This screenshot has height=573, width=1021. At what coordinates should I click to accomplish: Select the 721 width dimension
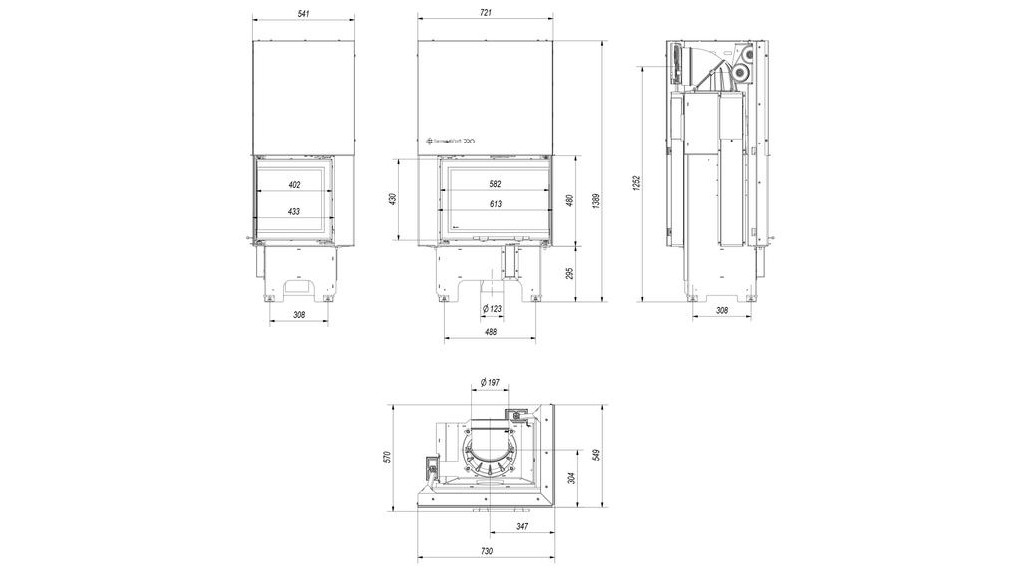[486, 12]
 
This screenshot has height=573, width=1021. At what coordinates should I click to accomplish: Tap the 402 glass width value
[294, 185]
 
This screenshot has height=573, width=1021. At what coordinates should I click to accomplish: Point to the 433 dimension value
[294, 212]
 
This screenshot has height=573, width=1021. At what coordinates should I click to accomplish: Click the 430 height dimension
[393, 199]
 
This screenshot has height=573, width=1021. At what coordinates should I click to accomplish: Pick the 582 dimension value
[495, 185]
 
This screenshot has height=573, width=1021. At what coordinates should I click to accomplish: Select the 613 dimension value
[495, 204]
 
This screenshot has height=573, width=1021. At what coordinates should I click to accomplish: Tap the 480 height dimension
[570, 199]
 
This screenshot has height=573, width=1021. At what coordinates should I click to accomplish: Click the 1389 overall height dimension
[596, 199]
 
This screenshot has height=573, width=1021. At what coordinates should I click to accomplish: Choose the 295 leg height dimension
[570, 274]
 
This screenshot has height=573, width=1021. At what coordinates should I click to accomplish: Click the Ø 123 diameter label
[492, 309]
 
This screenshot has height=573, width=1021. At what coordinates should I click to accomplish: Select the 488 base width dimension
[492, 332]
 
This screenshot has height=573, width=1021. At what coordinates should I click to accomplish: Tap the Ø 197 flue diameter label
[489, 382]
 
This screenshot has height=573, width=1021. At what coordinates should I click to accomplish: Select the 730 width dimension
[486, 551]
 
